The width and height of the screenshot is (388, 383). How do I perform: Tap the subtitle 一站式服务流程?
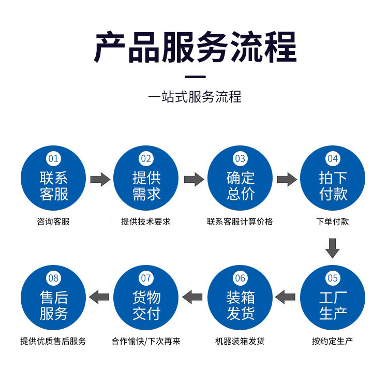pyautogui.click(x=195, y=97)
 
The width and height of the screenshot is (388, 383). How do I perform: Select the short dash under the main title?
pyautogui.click(x=195, y=77)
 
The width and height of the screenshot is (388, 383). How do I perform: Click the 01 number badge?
pyautogui.click(x=53, y=158)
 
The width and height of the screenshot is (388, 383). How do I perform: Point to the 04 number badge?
pyautogui.click(x=333, y=158)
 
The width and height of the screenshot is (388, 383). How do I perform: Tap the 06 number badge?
pyautogui.click(x=240, y=278)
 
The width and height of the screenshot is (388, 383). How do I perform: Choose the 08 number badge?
pyautogui.click(x=53, y=278)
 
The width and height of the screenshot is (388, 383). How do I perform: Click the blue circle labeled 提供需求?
pyautogui.click(x=146, y=178)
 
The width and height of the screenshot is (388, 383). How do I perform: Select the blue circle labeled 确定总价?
pyautogui.click(x=240, y=178)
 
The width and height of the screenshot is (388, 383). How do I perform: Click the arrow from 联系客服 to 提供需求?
pyautogui.click(x=100, y=179)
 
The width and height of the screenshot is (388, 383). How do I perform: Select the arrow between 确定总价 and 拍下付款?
pyautogui.click(x=286, y=179)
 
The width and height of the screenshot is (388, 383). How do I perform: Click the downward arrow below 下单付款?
pyautogui.click(x=333, y=248)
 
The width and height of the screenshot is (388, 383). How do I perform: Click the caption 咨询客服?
pyautogui.click(x=53, y=222)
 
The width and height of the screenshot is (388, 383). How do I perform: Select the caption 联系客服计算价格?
pyautogui.click(x=240, y=222)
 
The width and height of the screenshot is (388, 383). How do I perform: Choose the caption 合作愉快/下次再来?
pyautogui.click(x=146, y=342)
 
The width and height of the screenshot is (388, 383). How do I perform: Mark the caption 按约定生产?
pyautogui.click(x=333, y=342)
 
